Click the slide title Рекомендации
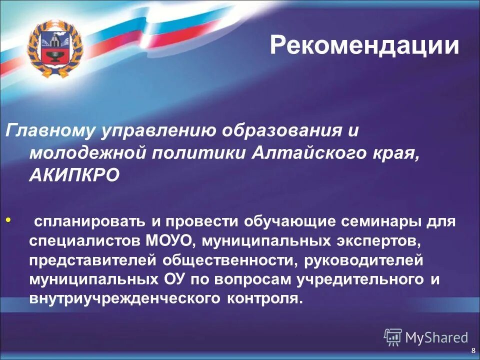(364, 45)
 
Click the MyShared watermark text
(436, 337)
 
